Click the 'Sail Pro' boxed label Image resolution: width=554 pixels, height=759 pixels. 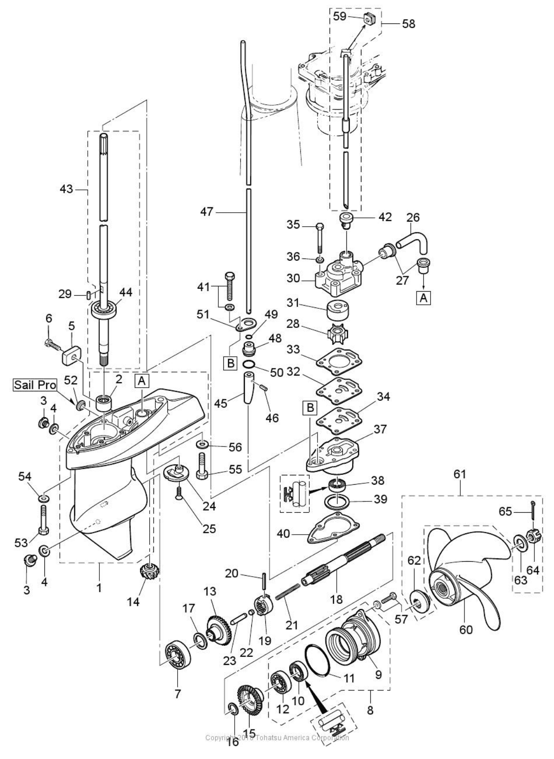[35, 385]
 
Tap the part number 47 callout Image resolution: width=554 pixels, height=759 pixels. [207, 212]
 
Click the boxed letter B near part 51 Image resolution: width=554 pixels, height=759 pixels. [231, 363]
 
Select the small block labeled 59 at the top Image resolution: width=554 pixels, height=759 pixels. [369, 20]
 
